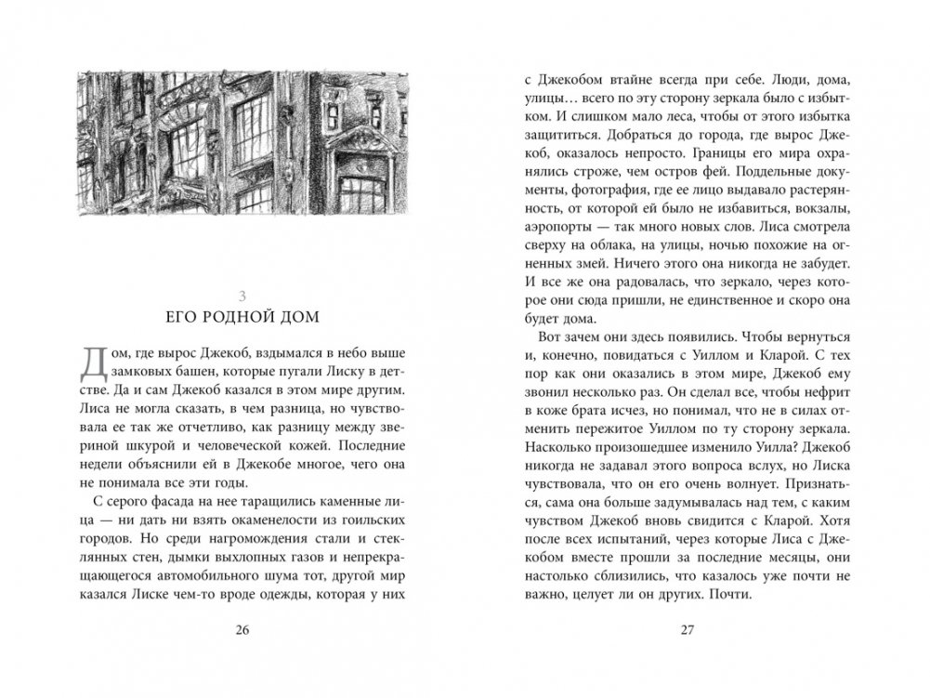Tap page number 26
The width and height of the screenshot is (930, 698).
pyautogui.click(x=242, y=632)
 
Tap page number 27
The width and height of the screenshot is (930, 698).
pyautogui.click(x=687, y=632)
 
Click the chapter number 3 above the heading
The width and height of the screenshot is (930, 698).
pyautogui.click(x=242, y=295)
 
